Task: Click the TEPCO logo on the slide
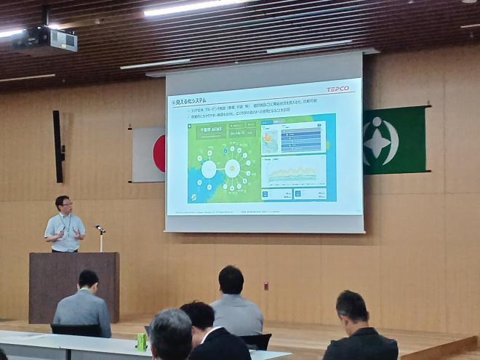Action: tap(337, 89)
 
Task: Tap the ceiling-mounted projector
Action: tap(44, 41)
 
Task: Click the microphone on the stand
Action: tap(99, 228)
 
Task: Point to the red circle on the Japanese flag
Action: tap(159, 153)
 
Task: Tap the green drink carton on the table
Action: tap(142, 342)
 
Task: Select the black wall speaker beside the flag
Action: tap(57, 146)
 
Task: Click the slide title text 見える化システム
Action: tap(191, 100)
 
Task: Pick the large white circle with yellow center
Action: tap(232, 169)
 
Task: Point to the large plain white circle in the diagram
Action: tap(209, 169)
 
